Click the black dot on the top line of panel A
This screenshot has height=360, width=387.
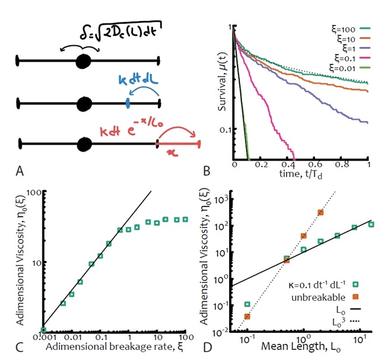click(83, 60)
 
